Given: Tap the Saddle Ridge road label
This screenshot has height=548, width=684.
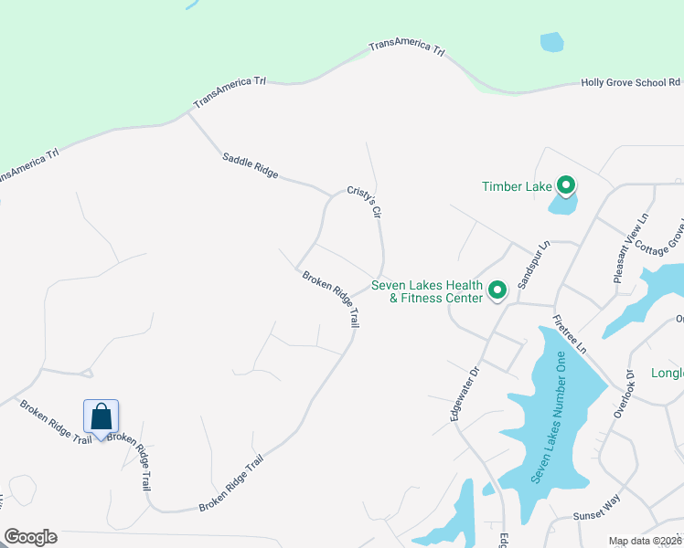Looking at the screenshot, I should click(x=250, y=165).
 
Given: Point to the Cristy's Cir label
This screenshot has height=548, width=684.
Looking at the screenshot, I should click(x=363, y=203).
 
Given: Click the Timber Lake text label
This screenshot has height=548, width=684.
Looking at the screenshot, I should click(x=517, y=186).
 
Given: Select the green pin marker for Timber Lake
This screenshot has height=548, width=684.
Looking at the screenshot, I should click(x=566, y=186).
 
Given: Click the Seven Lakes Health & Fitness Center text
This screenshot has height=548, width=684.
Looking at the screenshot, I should click(x=426, y=291).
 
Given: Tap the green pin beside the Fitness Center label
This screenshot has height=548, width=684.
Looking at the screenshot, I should click(x=497, y=290).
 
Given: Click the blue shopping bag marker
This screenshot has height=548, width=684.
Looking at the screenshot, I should click(x=102, y=416).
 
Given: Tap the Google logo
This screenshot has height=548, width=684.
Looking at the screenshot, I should click(x=30, y=537).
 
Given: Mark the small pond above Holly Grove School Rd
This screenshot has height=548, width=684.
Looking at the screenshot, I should click(x=551, y=42).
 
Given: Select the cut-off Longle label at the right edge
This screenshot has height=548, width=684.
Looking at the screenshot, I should click(x=667, y=373).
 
